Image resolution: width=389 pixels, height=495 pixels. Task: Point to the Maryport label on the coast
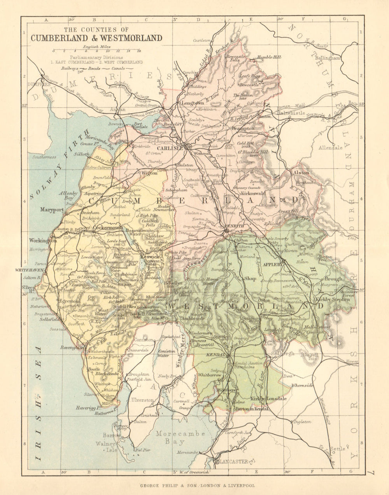coord(51,209)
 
